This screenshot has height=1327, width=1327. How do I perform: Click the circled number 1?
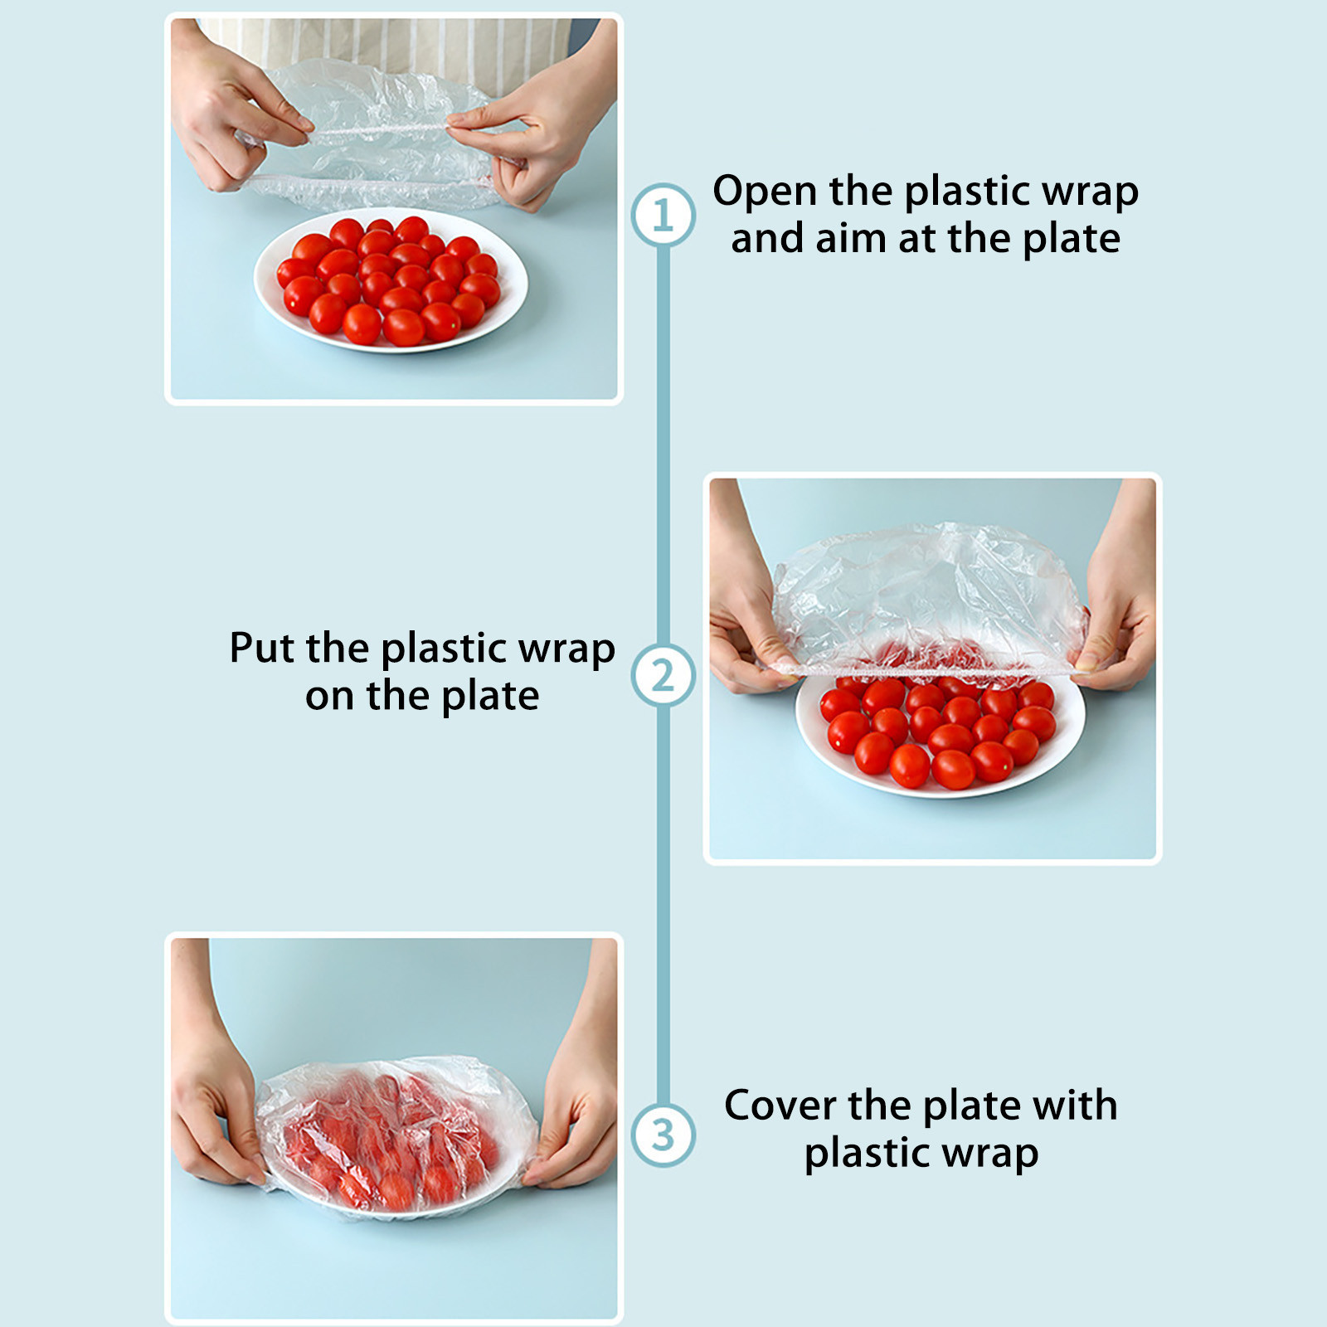click(x=663, y=215)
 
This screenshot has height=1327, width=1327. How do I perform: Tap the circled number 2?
click(x=663, y=675)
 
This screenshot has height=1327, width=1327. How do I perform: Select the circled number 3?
click(x=663, y=1135)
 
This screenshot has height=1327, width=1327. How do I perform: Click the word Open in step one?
click(x=766, y=192)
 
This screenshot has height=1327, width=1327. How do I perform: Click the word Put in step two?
click(x=262, y=648)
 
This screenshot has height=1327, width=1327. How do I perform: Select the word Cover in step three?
click(x=780, y=1106)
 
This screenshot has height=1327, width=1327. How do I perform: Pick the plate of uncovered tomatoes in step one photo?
click(x=391, y=279)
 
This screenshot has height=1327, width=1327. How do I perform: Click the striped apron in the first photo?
click(x=390, y=50)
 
